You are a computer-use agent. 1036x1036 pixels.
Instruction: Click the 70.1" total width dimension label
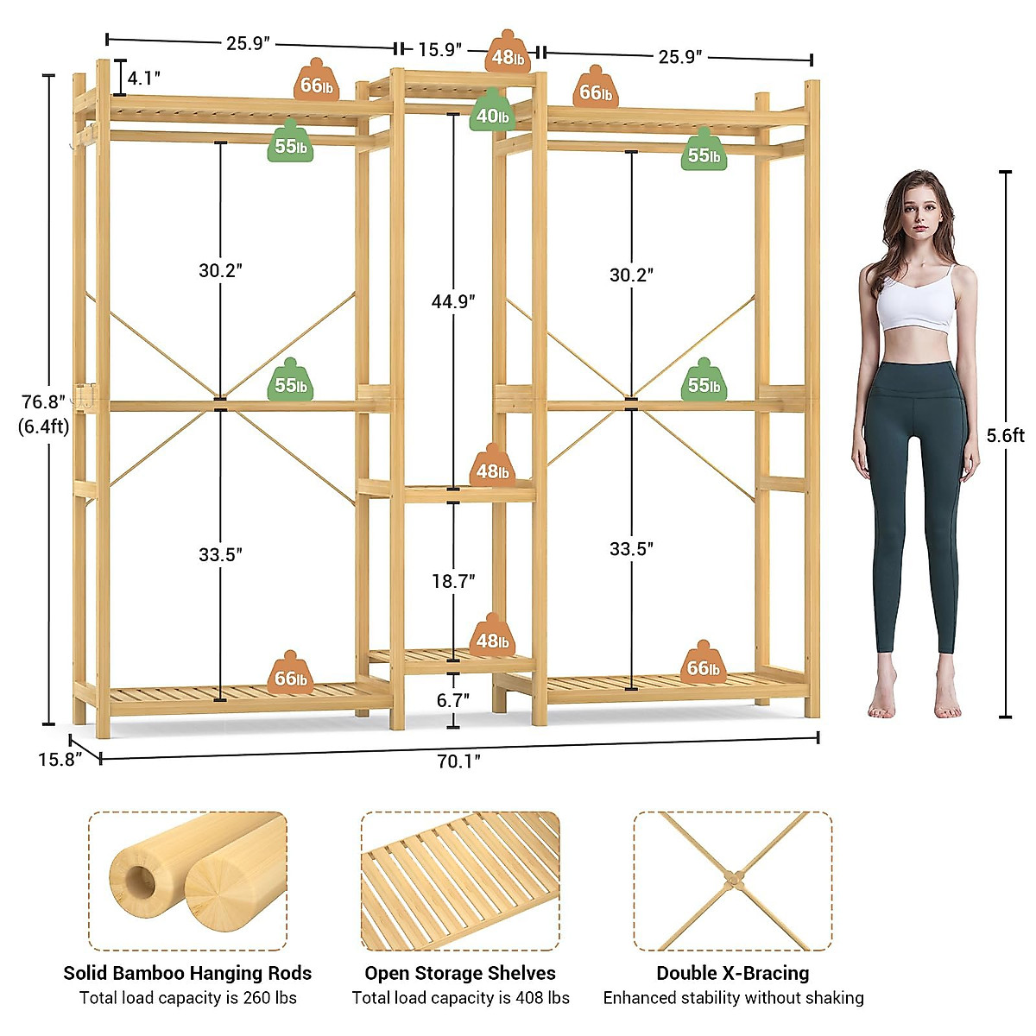pyautogui.click(x=458, y=761)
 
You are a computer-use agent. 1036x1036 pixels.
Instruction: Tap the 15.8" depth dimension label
pyautogui.click(x=59, y=759)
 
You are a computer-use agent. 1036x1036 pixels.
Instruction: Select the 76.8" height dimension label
pyautogui.click(x=44, y=402)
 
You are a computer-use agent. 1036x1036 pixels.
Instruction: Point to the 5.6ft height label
pyautogui.click(x=1005, y=435)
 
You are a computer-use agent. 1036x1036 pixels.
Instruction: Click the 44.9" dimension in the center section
pyautogui.click(x=453, y=301)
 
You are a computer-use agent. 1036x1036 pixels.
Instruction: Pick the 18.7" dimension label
pyautogui.click(x=453, y=581)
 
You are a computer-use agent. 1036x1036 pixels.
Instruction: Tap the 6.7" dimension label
pyautogui.click(x=452, y=700)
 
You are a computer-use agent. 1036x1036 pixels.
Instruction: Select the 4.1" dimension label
pyautogui.click(x=143, y=78)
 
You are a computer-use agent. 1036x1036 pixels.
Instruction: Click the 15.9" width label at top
pyautogui.click(x=439, y=50)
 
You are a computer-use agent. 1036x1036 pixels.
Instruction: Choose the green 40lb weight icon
pyautogui.click(x=492, y=113)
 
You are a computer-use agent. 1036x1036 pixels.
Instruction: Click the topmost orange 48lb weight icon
pyautogui.click(x=507, y=54)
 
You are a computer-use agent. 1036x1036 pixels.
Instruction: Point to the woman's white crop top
pyautogui.click(x=917, y=303)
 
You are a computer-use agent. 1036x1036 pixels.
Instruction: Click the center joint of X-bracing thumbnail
pyautogui.click(x=733, y=880)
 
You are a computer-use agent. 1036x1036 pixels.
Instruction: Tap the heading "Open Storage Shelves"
pyautogui.click(x=459, y=973)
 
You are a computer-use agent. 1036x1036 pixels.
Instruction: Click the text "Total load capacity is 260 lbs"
pyautogui.click(x=187, y=998)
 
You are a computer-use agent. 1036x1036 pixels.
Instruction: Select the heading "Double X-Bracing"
pyautogui.click(x=732, y=973)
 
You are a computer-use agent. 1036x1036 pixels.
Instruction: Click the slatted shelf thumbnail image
pyautogui.click(x=459, y=881)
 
